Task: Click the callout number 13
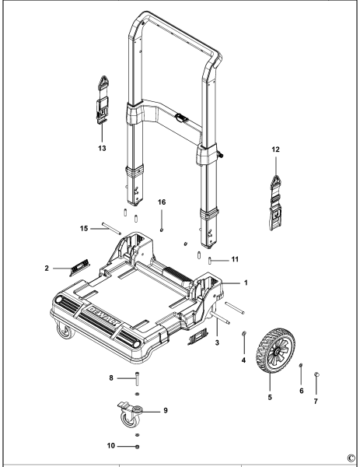tap(102, 148)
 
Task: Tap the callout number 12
tap(276, 149)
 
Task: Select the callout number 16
tap(162, 202)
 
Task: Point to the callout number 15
tap(84, 228)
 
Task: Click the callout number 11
tap(235, 259)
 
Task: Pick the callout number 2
tap(47, 269)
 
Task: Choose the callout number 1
tap(246, 283)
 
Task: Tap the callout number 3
tap(217, 342)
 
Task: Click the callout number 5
tap(270, 397)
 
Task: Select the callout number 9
tap(166, 410)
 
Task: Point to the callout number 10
tap(111, 446)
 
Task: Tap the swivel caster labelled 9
tap(130, 415)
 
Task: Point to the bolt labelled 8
tap(137, 378)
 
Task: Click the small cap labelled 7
tap(316, 374)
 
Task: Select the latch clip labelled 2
tap(79, 268)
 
